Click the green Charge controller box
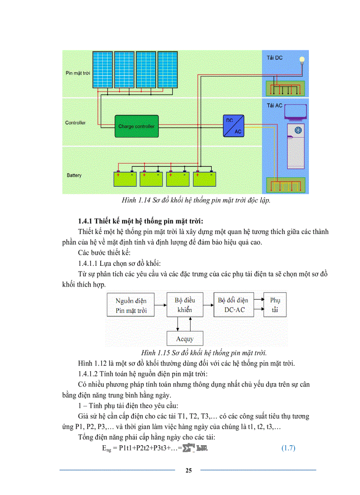click(x=136, y=126)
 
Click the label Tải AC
click(x=274, y=105)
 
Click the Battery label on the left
click(x=74, y=175)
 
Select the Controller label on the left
click(x=75, y=123)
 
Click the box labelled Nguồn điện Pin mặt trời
click(x=131, y=305)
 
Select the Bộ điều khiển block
click(x=185, y=305)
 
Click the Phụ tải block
click(x=275, y=305)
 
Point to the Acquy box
click(x=184, y=339)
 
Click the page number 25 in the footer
click(x=188, y=470)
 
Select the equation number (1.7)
click(x=288, y=448)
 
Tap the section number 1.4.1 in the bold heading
click(x=87, y=220)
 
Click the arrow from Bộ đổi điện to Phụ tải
click(x=258, y=300)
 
